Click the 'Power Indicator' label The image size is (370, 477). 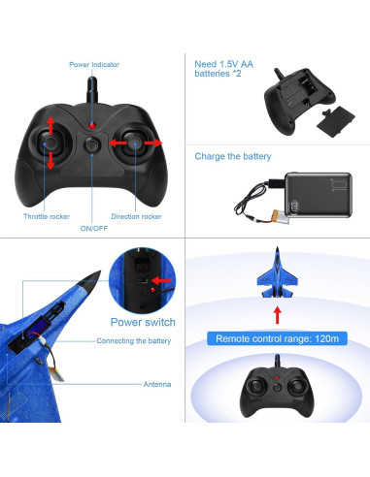click(x=94, y=65)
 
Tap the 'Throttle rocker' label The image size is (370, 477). click(x=47, y=216)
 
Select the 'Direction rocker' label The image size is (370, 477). click(x=137, y=216)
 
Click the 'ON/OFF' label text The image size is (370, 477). click(x=93, y=229)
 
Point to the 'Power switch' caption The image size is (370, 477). click(x=143, y=321)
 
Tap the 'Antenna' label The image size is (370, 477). click(x=157, y=385)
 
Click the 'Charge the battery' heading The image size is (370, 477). click(x=233, y=156)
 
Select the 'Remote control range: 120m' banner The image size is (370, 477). click(x=277, y=338)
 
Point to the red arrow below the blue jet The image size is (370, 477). click(x=277, y=313)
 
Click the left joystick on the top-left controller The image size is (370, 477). click(x=51, y=144)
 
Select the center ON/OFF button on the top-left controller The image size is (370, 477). click(x=93, y=144)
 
